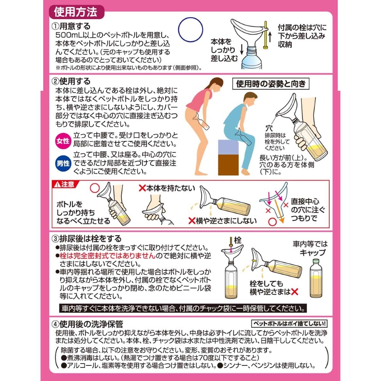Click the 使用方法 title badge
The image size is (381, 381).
(x=76, y=12)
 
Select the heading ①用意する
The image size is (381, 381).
(x=71, y=26)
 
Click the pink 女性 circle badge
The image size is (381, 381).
(x=63, y=141)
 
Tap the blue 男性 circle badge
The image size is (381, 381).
(x=63, y=163)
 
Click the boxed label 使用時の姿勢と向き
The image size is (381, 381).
(x=271, y=84)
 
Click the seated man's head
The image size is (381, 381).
(x=249, y=99)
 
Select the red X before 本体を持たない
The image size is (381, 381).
(x=142, y=188)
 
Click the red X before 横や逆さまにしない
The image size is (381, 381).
(x=192, y=221)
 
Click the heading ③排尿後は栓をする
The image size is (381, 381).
(x=87, y=239)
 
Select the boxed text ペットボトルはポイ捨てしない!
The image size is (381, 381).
(x=289, y=323)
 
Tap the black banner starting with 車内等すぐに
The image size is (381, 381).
(x=183, y=308)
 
